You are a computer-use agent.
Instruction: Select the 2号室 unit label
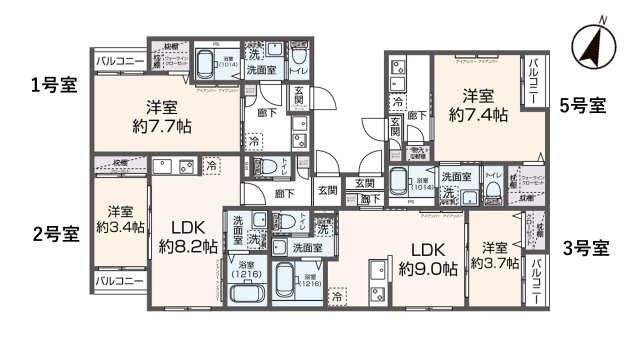pos(56,235)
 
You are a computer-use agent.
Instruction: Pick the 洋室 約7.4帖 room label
pos(477,105)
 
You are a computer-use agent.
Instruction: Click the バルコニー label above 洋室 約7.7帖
pos(118,61)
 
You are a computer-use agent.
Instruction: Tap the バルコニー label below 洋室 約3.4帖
pos(118,281)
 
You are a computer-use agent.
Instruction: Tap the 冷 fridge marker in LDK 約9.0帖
pos(339,297)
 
